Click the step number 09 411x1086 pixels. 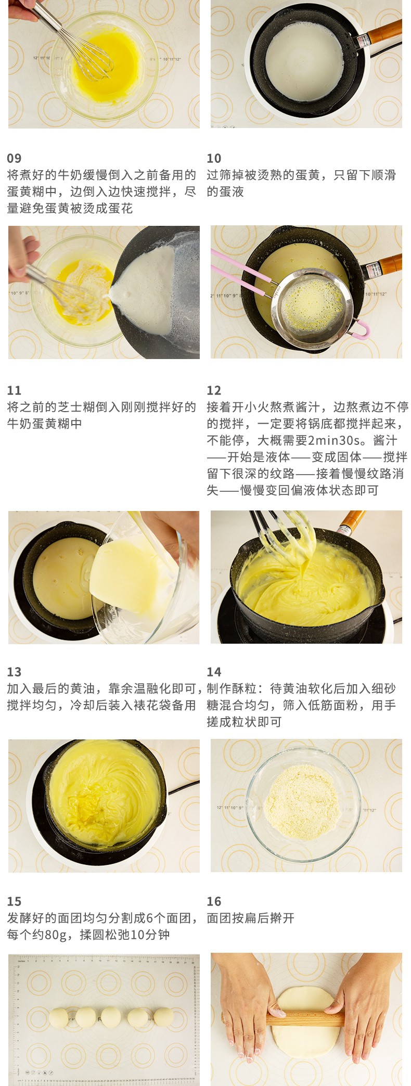(x=14, y=158)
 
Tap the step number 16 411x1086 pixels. (x=214, y=901)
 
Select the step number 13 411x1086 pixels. (x=14, y=672)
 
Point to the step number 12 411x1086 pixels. (x=214, y=390)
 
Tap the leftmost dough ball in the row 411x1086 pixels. (x=59, y=1018)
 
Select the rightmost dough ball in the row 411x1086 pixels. (x=163, y=1017)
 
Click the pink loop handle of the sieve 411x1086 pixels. (x=361, y=329)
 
